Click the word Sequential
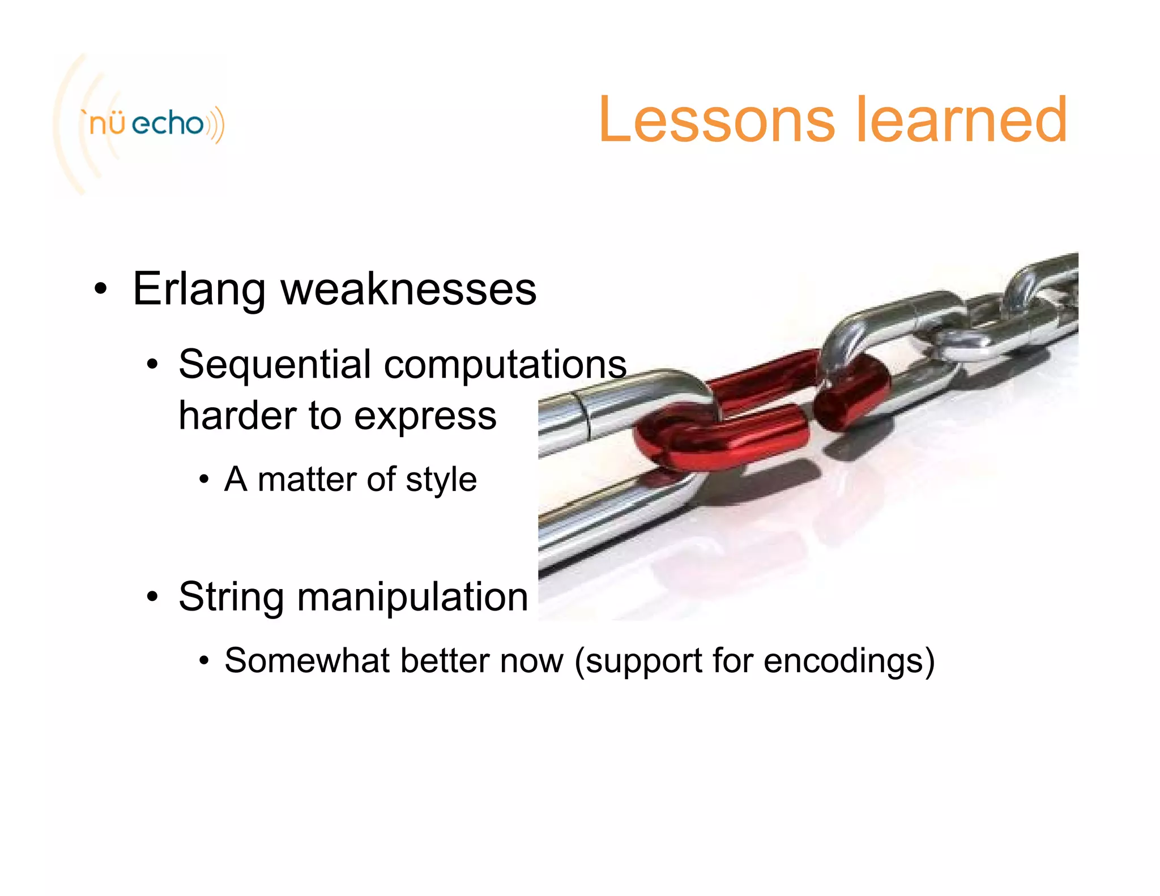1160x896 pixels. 275,365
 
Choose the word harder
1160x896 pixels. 237,416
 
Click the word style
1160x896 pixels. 441,480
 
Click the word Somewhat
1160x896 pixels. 306,660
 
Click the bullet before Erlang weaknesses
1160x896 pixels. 101,289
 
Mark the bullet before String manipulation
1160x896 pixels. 152,598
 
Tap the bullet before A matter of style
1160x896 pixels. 204,480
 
